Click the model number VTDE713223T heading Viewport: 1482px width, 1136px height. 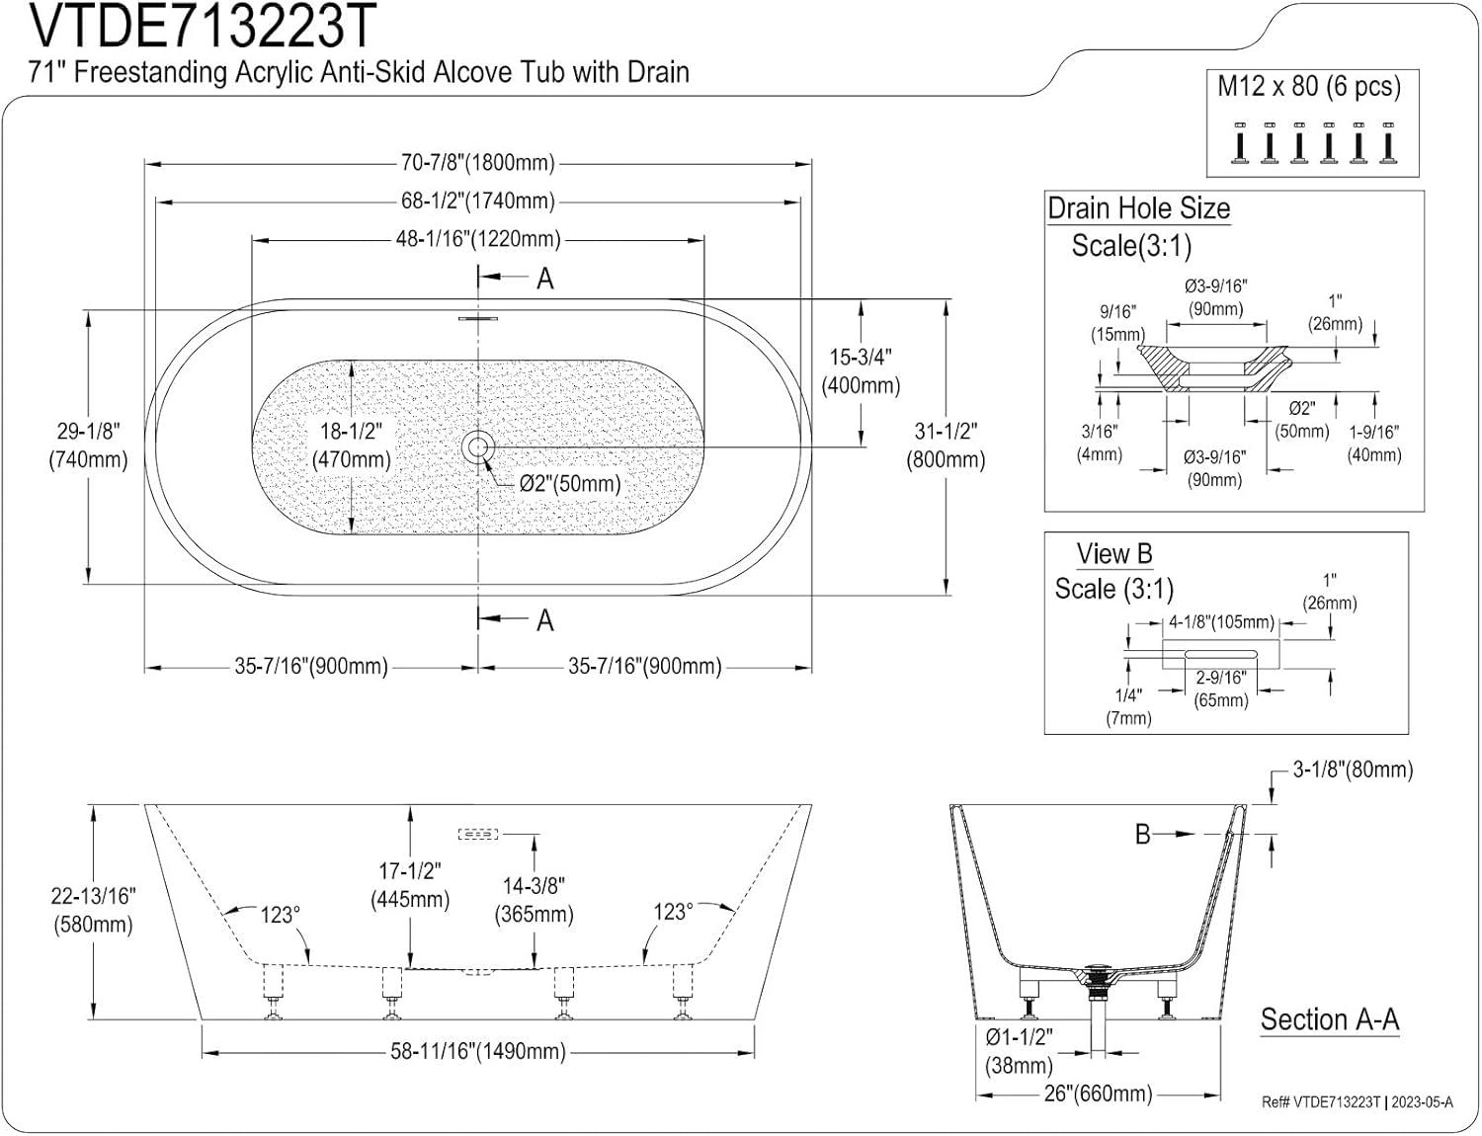click(x=203, y=27)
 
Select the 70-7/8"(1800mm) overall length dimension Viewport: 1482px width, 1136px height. click(x=478, y=162)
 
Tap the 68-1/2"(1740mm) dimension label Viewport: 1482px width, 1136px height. click(x=478, y=201)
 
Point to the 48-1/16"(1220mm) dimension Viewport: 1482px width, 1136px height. click(x=478, y=239)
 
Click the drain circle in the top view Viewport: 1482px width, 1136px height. click(x=478, y=446)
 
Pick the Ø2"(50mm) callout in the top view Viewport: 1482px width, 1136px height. click(x=570, y=483)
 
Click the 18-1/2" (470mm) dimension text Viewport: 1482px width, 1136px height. click(x=351, y=446)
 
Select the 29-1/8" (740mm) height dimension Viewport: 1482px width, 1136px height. click(x=88, y=446)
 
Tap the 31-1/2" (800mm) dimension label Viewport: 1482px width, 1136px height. click(x=946, y=446)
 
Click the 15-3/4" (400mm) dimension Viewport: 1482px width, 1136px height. click(x=861, y=371)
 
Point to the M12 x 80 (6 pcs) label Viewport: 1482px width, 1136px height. click(x=1308, y=87)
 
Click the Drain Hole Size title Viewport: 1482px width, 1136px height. click(x=1138, y=209)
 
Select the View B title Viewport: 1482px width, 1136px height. click(x=1114, y=554)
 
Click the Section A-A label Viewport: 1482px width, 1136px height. click(x=1329, y=1019)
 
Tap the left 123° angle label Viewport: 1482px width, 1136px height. click(x=280, y=915)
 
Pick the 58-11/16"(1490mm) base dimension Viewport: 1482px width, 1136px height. click(x=478, y=1052)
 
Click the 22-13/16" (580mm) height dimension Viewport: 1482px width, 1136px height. click(x=93, y=910)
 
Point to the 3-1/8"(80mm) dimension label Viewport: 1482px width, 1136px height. click(x=1353, y=770)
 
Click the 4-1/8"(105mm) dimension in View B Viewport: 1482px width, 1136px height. click(x=1221, y=622)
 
